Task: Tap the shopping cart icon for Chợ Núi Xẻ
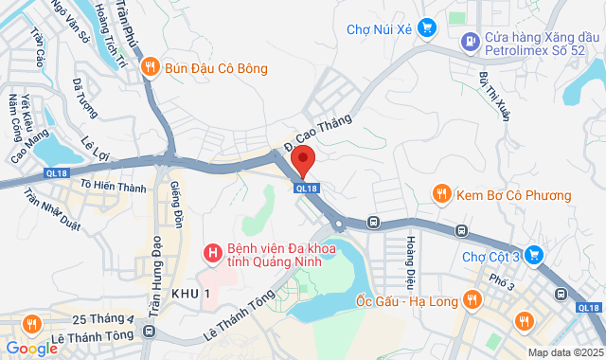pos(427,28)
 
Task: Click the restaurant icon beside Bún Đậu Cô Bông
pos(150,68)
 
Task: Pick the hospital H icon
pos(213,253)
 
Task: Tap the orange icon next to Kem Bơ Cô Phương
pos(440,195)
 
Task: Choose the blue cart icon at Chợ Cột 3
pos(535,255)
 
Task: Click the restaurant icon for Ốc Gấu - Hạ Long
pos(472,301)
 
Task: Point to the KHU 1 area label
pos(190,295)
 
